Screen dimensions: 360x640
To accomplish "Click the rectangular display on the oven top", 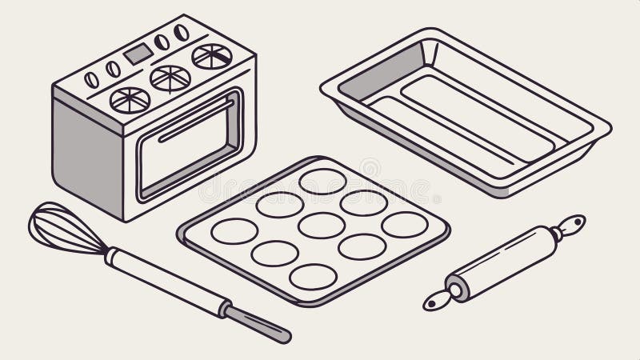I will tap(137, 54).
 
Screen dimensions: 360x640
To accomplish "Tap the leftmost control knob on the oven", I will tap(92, 80).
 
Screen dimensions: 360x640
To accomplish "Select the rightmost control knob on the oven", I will tap(182, 33).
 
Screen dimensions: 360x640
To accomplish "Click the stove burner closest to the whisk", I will tap(130, 99).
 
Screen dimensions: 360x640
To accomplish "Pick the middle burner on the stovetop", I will tap(170, 78).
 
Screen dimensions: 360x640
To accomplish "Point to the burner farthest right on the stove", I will tap(212, 56).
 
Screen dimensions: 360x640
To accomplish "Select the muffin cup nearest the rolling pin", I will tap(405, 225).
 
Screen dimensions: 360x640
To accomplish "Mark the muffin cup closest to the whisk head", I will tap(234, 230).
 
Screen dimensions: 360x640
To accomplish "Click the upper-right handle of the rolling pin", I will tap(571, 226).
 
